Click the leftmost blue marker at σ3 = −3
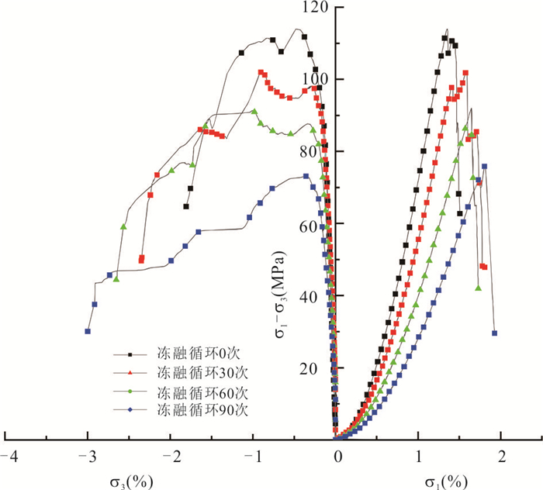88,331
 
